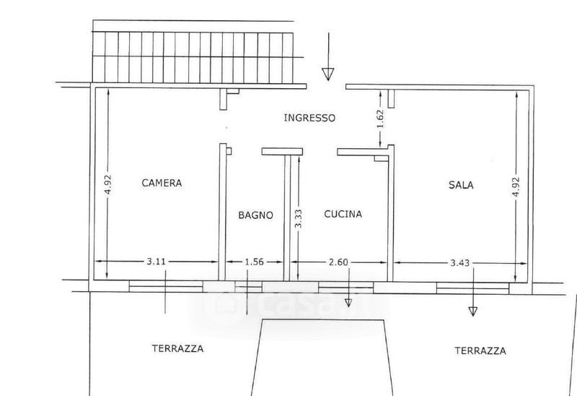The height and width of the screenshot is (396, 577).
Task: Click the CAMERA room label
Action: pyautogui.click(x=162, y=183)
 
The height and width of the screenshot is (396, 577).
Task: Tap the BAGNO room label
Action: pyautogui.click(x=255, y=215)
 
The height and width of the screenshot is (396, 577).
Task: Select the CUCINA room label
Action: pyautogui.click(x=343, y=215)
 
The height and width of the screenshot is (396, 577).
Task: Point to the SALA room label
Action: pyautogui.click(x=461, y=185)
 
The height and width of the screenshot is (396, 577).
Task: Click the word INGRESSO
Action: pyautogui.click(x=309, y=117)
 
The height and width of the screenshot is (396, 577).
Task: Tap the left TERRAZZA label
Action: pyautogui.click(x=177, y=348)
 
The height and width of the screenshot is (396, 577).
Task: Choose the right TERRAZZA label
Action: pyautogui.click(x=480, y=351)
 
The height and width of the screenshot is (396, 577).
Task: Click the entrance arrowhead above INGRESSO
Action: pyautogui.click(x=328, y=73)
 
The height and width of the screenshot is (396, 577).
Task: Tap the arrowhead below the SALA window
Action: pyautogui.click(x=472, y=311)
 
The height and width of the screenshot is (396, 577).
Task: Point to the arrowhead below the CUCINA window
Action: pyautogui.click(x=349, y=302)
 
